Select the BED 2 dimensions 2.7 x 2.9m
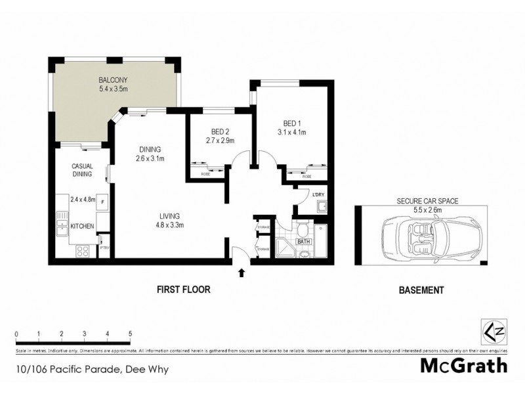[x=220, y=141]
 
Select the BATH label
[x=304, y=242]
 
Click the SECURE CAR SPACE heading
[x=427, y=202]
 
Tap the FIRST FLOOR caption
[x=183, y=290]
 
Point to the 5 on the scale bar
[x=131, y=334]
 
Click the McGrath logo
[x=464, y=366]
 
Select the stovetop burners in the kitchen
[x=83, y=250]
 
